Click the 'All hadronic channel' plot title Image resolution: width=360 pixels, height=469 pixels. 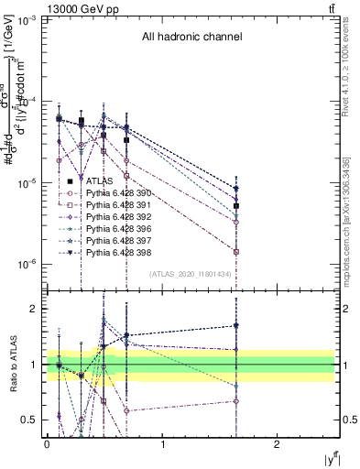tap(191, 38)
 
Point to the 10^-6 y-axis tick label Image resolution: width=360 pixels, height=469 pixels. tap(27, 265)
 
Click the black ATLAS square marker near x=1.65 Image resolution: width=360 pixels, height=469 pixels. tap(236, 206)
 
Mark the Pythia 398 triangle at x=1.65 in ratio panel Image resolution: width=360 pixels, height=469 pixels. tap(236, 325)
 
